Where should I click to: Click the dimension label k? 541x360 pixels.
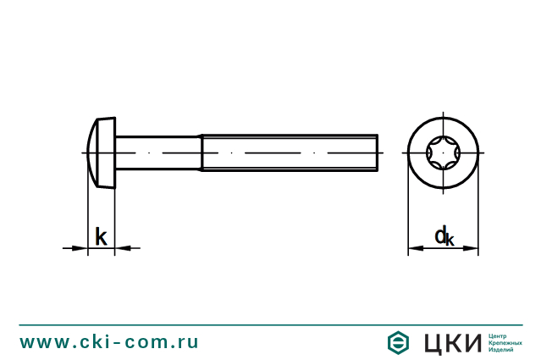coord(101,237)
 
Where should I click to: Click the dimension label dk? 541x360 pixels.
coord(444,236)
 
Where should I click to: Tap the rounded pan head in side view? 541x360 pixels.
coord(101,153)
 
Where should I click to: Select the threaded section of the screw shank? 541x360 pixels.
coord(288,153)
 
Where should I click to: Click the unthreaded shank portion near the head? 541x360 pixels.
coord(157,153)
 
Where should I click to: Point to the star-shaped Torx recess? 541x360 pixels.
coord(443,153)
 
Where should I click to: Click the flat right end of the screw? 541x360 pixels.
coord(377,153)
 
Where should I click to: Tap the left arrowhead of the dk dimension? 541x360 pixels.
coord(413,250)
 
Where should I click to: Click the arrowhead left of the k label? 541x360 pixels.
coord(81,248)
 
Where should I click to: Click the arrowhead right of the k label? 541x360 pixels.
coord(121,248)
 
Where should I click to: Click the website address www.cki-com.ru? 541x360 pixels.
coord(109,342)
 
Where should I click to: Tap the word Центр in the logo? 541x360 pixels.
coord(498,335)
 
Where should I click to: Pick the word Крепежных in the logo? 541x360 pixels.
coord(505,342)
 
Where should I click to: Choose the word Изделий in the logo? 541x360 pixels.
coord(501,350)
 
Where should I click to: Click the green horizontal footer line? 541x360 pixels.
coord(271,324)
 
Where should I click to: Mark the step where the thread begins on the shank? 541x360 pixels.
coord(201,153)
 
